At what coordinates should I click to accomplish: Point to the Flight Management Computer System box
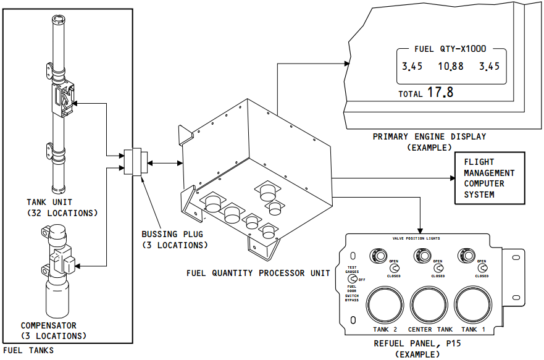(x=489, y=178)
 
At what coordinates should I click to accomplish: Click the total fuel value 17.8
(x=440, y=93)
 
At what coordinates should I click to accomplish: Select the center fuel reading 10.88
(x=451, y=67)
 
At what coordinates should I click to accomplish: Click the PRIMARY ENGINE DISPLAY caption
(x=429, y=136)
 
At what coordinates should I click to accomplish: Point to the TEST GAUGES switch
(x=353, y=278)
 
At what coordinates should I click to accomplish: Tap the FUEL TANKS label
(x=28, y=351)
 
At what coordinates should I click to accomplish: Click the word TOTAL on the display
(x=411, y=94)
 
